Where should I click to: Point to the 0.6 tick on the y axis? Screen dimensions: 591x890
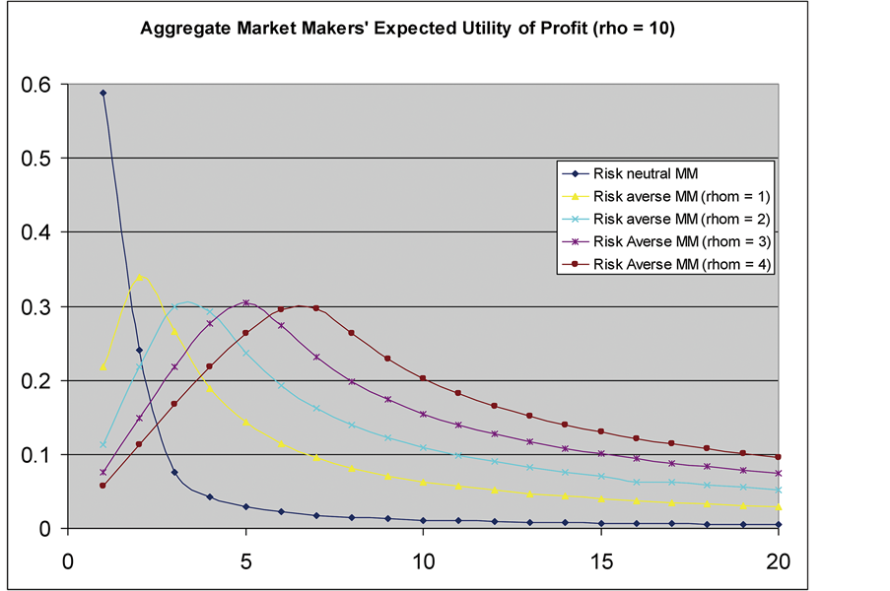(34, 85)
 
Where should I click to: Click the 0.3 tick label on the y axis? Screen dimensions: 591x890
(34, 307)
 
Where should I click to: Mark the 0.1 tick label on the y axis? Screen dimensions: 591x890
(34, 455)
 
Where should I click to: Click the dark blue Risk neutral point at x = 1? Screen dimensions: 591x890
(103, 93)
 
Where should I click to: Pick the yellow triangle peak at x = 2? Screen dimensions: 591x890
(139, 277)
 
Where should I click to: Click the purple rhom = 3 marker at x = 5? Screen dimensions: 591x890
(245, 302)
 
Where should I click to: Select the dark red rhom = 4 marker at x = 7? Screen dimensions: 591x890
(316, 308)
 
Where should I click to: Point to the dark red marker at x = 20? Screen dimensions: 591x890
(779, 457)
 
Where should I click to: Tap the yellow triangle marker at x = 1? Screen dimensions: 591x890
(103, 366)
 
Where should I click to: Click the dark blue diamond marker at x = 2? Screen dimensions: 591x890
(139, 350)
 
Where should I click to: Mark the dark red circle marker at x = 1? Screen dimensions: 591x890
(103, 486)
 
